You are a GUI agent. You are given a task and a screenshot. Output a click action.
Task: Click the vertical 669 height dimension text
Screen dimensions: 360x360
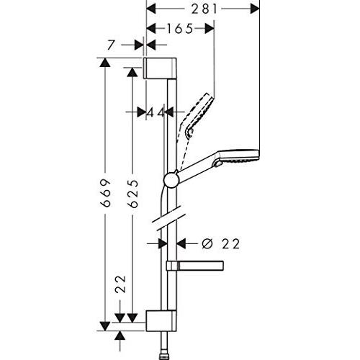click(105, 193)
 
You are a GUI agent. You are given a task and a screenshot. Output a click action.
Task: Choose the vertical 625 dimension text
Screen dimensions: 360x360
click(132, 193)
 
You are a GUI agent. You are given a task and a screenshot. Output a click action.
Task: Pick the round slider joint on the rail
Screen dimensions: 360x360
click(171, 179)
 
